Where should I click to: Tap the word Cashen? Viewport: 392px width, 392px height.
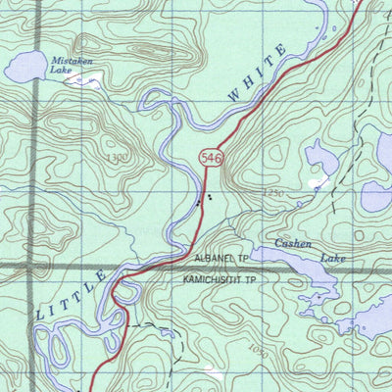tap(293, 243)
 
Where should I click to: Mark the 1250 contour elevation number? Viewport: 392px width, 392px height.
tap(273, 194)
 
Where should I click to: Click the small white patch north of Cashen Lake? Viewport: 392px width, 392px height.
tap(317, 182)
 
